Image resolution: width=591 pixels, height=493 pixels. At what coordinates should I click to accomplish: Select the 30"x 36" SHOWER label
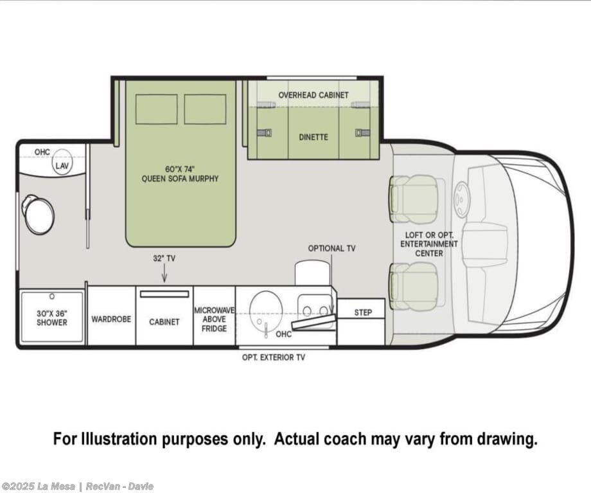coord(52,318)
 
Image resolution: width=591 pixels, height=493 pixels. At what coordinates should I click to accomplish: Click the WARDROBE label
coord(111,319)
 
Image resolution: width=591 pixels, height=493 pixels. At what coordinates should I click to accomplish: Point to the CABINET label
coord(164,322)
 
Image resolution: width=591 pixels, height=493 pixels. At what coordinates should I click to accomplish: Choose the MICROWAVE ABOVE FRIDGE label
coord(214,319)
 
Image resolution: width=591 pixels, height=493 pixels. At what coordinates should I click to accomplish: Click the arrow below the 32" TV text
coord(164,273)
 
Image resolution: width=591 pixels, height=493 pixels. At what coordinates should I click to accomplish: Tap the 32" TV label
coord(164,258)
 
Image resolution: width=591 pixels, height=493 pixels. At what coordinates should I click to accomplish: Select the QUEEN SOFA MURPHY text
coord(180,179)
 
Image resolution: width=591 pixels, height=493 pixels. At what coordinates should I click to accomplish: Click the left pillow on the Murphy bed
coord(156,109)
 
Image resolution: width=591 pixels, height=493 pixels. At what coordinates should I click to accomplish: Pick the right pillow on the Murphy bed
coord(205,109)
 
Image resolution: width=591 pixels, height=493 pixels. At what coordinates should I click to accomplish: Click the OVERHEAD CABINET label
coord(313,94)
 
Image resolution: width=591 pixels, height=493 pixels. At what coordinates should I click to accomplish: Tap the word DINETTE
coord(313,137)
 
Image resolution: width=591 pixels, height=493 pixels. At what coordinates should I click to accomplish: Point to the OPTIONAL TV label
coord(331,248)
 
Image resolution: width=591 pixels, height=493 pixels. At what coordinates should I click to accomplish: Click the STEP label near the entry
coord(363,312)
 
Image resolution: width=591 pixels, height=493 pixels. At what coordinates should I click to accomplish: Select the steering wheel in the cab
coord(461,200)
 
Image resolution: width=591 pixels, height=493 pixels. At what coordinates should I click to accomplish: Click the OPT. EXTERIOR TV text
coord(274,357)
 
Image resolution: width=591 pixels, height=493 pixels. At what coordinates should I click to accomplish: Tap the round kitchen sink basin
coord(266,310)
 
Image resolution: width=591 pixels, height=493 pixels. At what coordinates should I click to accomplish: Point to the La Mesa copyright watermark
coord(78,487)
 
